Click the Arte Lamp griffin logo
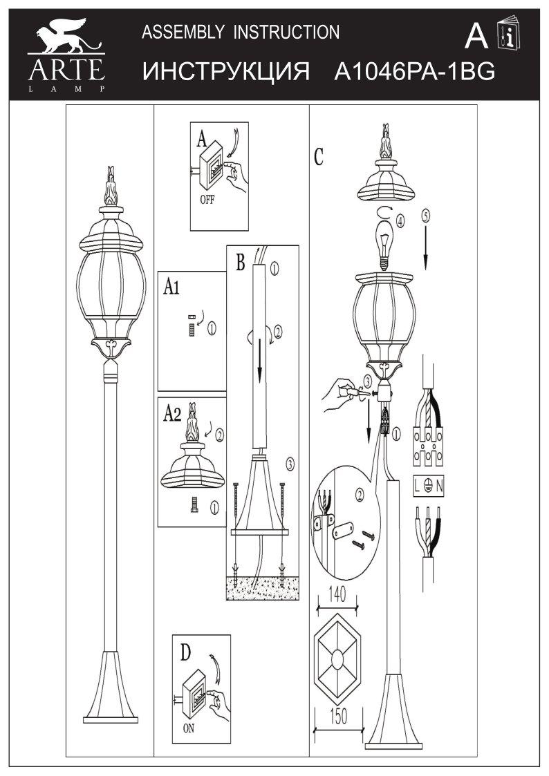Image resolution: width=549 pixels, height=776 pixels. tap(66, 55)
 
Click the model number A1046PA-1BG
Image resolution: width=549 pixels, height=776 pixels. tap(415, 73)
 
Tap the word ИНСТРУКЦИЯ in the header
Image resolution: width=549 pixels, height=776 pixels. tap(226, 73)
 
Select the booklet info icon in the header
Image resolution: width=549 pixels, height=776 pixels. tap(509, 34)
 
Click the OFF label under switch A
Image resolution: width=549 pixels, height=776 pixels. tap(207, 200)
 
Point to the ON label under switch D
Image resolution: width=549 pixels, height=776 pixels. tap(189, 729)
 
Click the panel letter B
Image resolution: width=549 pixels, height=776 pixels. tap(241, 263)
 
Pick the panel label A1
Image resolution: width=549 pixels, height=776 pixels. tap(171, 287)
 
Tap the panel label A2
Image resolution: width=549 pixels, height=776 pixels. tap(172, 414)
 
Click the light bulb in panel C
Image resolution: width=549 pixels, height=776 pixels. tap(383, 245)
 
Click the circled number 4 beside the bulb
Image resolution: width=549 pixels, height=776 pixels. tap(400, 220)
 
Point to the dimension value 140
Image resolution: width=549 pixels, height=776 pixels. tap(337, 594)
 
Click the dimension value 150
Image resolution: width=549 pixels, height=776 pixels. tap(338, 717)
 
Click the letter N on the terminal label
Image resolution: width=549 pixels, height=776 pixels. tap(440, 487)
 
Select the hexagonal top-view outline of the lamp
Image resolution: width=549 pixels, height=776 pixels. tap(337, 659)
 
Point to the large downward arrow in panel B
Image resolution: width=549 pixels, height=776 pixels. tap(259, 354)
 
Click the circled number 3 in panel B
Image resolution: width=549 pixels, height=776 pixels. tap(290, 464)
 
